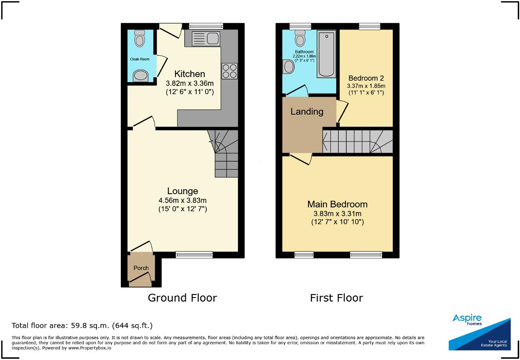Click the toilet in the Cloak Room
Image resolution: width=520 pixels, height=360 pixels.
pos(140,38)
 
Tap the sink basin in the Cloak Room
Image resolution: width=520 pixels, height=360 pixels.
pos(140,76)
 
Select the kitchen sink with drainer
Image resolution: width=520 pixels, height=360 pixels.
pos(206,38)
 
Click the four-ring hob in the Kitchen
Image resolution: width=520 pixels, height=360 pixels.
pos(229,71)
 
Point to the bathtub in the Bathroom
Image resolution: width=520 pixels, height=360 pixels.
pos(326,54)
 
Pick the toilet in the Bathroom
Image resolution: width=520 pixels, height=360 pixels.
pos(300,38)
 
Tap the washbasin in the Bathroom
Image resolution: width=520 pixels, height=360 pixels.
pos(288,67)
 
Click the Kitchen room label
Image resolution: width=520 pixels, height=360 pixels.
pos(190,74)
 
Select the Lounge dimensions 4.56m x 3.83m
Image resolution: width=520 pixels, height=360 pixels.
pos(182,200)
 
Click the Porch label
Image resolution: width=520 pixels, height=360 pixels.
pos(141,268)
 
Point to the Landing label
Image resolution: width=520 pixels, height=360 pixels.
pos(307,112)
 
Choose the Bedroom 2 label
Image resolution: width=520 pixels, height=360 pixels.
pos(366,78)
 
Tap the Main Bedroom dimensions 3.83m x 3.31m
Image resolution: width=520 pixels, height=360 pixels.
pos(337,213)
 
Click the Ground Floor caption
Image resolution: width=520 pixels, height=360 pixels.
pos(182,298)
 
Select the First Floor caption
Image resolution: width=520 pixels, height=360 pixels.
pos(336,298)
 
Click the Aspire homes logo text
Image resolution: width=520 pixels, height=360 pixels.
pos(467,320)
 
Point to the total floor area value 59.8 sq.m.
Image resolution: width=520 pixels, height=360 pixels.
pos(90,326)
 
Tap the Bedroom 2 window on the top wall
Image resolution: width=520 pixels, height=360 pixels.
pos(370,26)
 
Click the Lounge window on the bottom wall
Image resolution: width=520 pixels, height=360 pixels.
pos(194,255)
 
